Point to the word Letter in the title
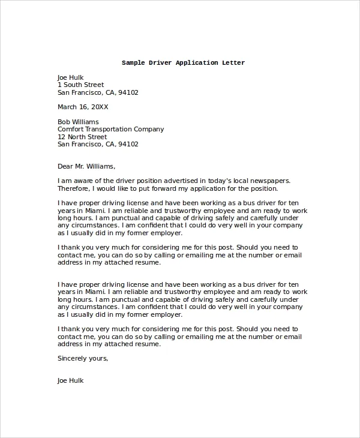233,63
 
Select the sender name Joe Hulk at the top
71,77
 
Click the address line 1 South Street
80,85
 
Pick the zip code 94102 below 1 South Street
128,93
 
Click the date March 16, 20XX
83,107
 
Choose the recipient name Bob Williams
78,122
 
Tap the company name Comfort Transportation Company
110,130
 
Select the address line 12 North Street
82,137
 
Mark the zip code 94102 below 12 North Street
128,145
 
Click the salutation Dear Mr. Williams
86,166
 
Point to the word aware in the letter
84,181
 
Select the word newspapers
269,181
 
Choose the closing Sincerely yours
83,359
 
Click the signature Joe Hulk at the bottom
71,380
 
